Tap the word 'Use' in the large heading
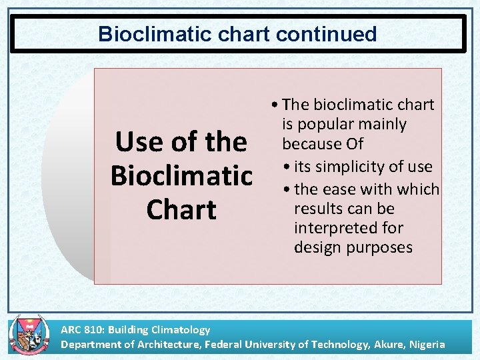(x=137, y=142)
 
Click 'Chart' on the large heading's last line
(x=181, y=210)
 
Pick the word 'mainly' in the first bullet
(x=383, y=125)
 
